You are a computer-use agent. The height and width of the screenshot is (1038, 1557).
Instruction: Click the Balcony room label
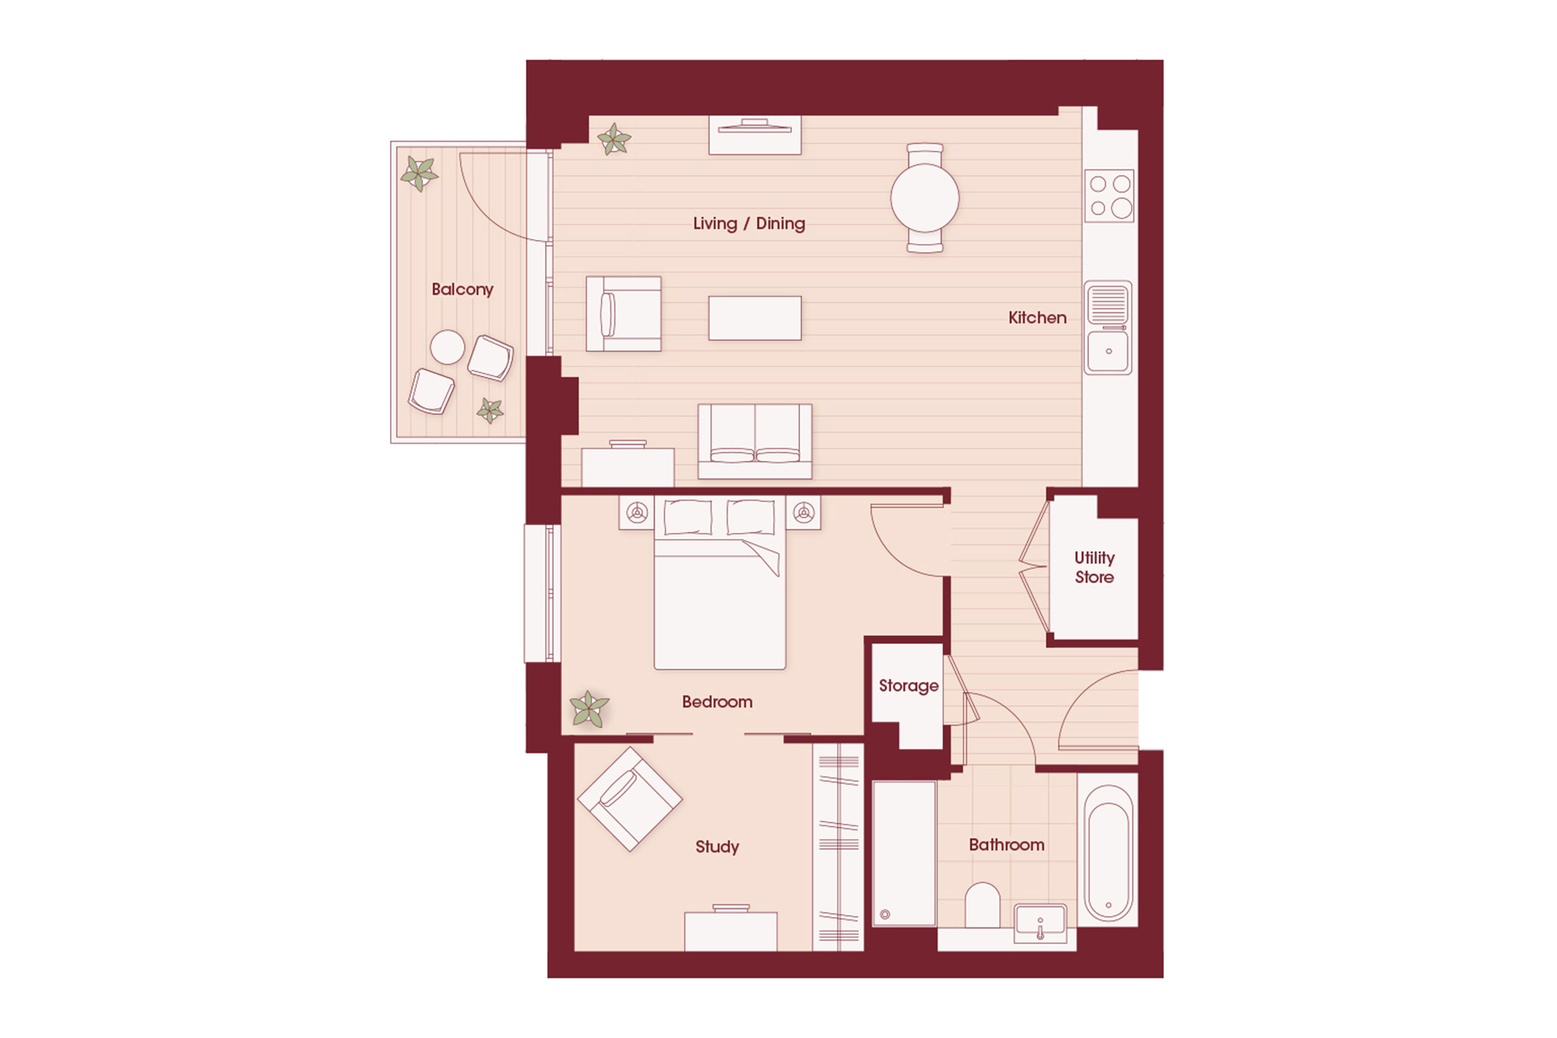(x=462, y=289)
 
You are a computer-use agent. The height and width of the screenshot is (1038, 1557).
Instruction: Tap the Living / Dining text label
(x=749, y=224)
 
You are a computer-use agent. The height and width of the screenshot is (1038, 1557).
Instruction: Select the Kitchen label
(x=1037, y=318)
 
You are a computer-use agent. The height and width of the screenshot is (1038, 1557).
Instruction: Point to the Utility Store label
(x=1094, y=567)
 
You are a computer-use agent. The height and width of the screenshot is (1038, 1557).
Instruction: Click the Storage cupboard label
(x=908, y=686)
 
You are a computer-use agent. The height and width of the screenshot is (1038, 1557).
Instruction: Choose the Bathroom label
(x=1006, y=845)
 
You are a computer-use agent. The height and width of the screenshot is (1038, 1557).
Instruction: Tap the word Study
(x=717, y=846)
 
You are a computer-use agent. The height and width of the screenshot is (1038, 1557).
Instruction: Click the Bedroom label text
(x=717, y=702)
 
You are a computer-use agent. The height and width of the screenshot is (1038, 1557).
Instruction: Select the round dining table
(x=925, y=198)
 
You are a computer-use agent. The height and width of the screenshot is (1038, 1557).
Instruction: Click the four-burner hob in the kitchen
(x=1109, y=196)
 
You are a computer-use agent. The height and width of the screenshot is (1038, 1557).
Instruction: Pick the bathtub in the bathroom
(x=1107, y=852)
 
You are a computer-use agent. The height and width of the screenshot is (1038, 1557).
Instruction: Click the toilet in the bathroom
(x=982, y=905)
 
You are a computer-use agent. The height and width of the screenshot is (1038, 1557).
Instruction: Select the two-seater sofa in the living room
(x=754, y=441)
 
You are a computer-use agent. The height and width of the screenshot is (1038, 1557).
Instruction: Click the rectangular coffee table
(x=754, y=318)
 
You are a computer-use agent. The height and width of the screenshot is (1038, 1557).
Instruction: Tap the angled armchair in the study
(x=630, y=799)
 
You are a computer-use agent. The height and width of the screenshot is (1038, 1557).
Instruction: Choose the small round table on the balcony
(x=447, y=347)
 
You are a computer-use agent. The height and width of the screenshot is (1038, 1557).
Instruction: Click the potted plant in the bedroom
(x=588, y=709)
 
